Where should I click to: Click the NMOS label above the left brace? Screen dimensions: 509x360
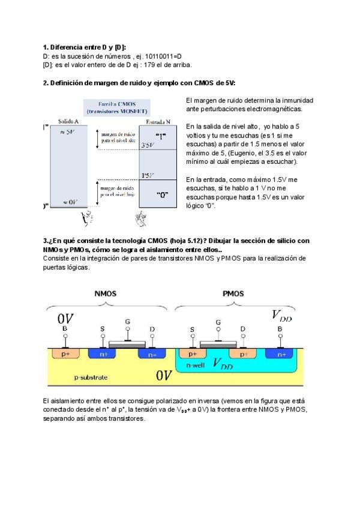coord(106,294)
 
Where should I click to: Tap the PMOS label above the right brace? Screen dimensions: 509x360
coord(233,294)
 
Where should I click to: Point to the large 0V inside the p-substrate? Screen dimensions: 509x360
coord(164,376)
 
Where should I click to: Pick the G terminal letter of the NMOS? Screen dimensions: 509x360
coord(127,322)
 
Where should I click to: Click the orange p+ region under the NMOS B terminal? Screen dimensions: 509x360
coord(65,355)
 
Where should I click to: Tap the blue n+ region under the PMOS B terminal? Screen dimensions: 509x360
coord(281,355)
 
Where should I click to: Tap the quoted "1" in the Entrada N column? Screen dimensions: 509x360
coord(161,136)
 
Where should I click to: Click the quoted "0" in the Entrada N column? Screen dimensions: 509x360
coord(161,194)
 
